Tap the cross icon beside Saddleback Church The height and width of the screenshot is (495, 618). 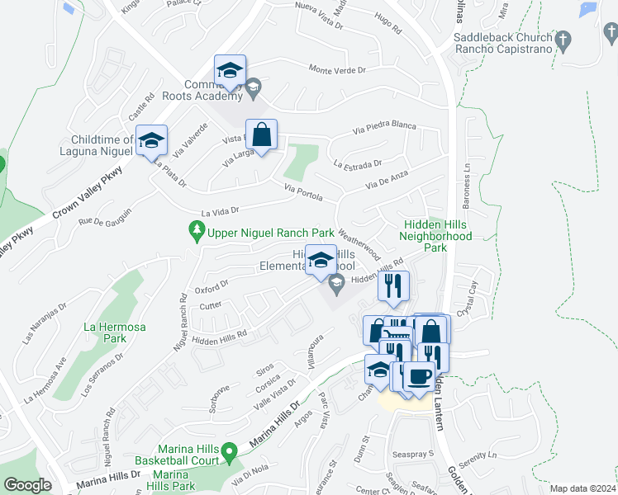(x=564, y=39)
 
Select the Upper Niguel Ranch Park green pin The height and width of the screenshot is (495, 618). (x=196, y=232)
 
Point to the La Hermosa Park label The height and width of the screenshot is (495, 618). (x=114, y=332)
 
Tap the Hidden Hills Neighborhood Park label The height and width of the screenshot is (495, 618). (x=435, y=236)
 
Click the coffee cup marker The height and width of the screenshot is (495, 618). (x=419, y=377)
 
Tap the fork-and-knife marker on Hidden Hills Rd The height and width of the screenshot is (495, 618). (x=394, y=286)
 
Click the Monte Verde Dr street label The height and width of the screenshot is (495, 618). (x=337, y=70)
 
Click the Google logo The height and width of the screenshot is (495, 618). (x=27, y=485)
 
